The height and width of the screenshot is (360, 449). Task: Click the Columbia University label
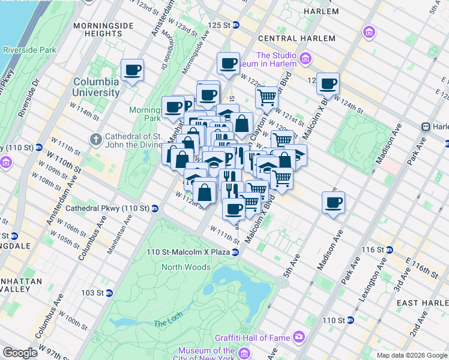tap(96, 87)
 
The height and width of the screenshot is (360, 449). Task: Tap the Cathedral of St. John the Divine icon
tap(95, 140)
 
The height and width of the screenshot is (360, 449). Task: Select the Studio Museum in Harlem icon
tap(306, 58)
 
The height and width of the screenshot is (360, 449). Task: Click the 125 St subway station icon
tap(236, 25)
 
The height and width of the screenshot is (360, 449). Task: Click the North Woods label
tap(186, 267)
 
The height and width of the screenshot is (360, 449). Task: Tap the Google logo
tap(20, 353)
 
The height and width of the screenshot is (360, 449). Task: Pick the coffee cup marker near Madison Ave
tap(333, 202)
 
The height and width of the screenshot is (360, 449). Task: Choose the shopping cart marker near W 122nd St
tap(267, 97)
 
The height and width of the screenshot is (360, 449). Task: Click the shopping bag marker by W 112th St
tap(205, 193)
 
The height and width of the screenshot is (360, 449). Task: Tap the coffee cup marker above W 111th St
tap(234, 209)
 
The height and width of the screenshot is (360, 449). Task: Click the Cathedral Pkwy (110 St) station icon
tap(155, 208)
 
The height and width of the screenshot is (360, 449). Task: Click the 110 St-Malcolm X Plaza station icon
tap(235, 252)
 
